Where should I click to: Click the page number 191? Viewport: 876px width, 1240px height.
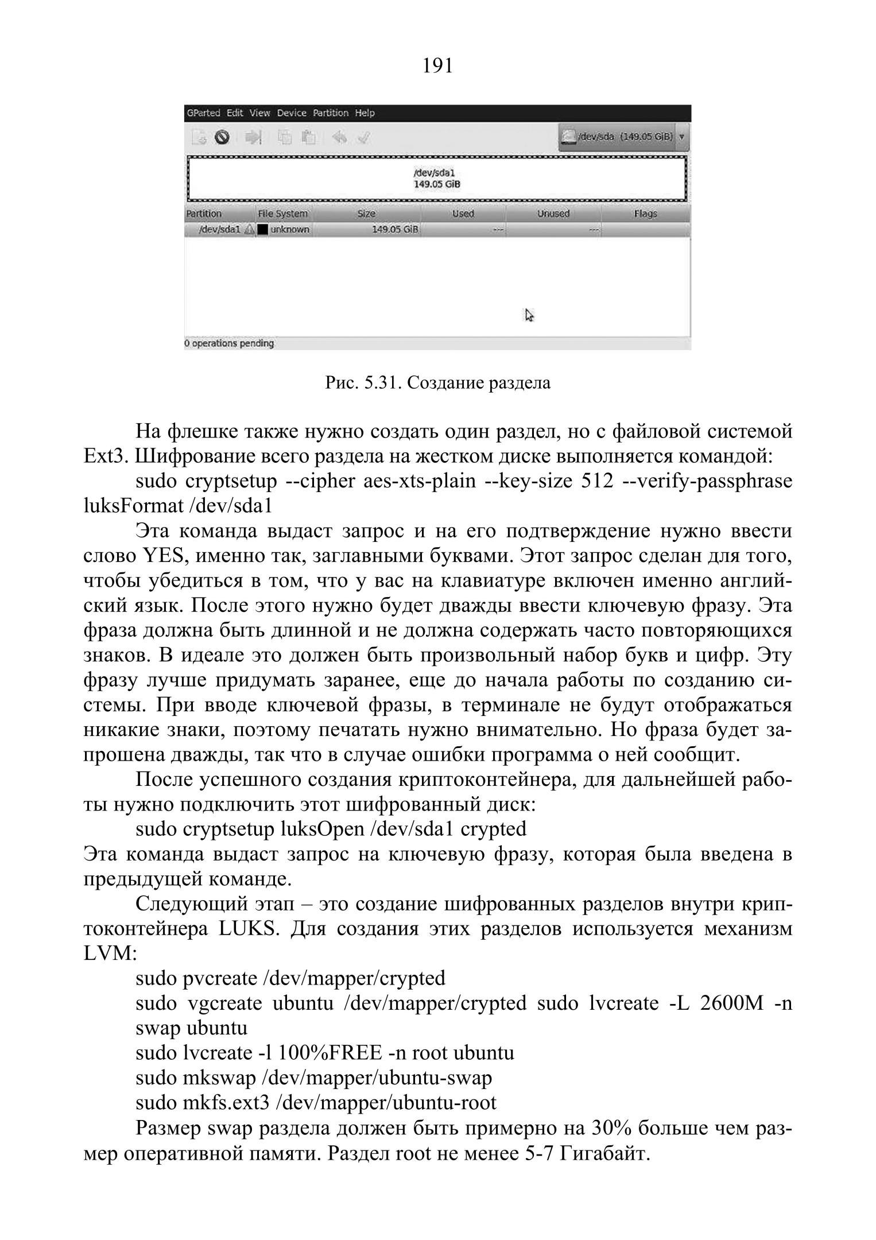click(437, 66)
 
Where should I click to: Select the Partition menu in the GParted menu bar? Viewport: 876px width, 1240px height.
click(331, 113)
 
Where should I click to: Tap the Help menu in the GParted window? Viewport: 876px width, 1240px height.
click(365, 113)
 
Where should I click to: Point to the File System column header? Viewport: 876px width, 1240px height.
click(282, 214)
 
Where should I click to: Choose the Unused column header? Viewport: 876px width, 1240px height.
click(553, 214)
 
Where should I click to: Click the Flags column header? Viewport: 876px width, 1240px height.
click(645, 214)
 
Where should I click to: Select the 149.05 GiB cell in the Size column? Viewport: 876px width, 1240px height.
click(396, 230)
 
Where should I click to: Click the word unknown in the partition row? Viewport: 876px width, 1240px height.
click(290, 230)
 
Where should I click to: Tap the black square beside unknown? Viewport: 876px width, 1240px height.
click(263, 230)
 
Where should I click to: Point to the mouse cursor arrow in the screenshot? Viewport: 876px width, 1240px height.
click(529, 315)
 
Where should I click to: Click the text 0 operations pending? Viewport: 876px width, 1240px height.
click(229, 343)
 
